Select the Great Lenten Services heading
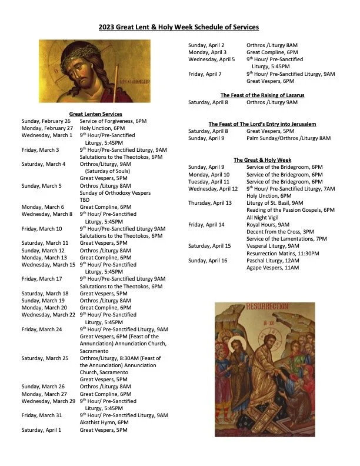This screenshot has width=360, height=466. point(95,114)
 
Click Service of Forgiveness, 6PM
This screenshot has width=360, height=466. point(113,121)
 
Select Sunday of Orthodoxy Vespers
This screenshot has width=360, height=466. point(115,193)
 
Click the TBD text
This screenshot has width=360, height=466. point(85,200)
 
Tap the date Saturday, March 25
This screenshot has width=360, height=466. point(45,358)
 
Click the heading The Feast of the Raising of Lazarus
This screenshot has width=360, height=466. point(262,95)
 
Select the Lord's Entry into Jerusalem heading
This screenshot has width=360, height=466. point(262,124)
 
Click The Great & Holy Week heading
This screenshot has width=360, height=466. point(262,160)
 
